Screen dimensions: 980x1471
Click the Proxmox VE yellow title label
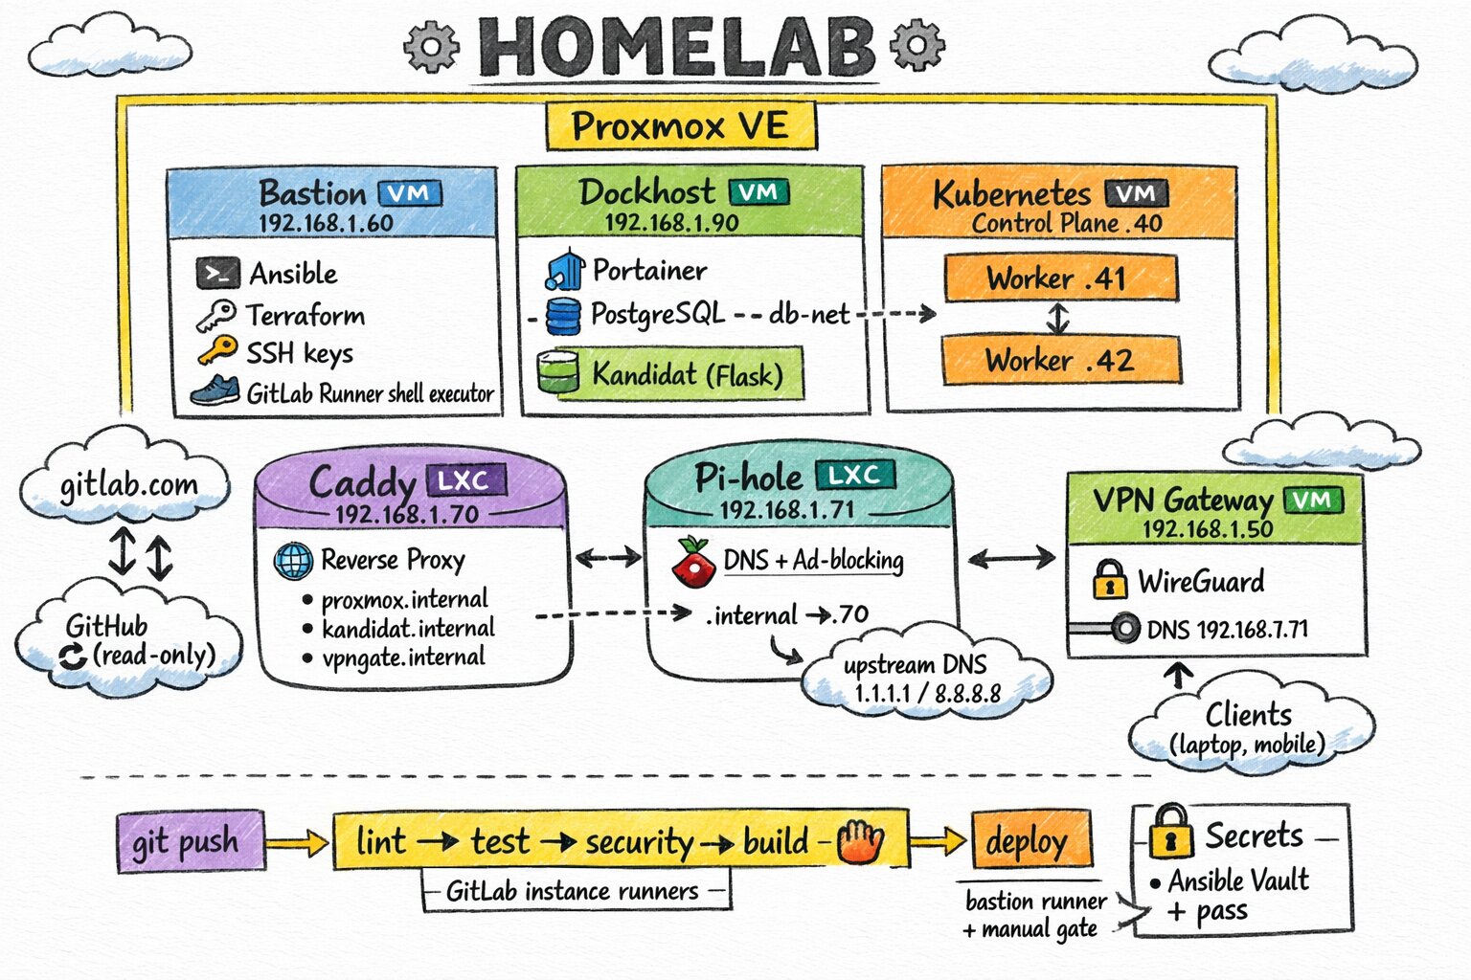(x=681, y=126)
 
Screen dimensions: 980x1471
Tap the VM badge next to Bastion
(x=410, y=193)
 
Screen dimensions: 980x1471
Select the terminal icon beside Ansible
(x=217, y=274)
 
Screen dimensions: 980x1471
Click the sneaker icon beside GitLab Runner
(x=215, y=391)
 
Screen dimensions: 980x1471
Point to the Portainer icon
(x=565, y=271)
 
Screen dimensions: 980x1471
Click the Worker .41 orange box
(x=1060, y=278)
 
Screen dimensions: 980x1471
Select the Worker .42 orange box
(x=1060, y=361)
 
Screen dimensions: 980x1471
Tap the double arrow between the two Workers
(x=1057, y=319)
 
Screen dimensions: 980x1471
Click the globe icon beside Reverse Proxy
(x=293, y=561)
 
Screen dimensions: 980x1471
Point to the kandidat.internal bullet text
(x=408, y=629)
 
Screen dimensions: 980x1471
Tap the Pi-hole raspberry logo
(x=693, y=562)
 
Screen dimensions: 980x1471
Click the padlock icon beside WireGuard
(x=1109, y=580)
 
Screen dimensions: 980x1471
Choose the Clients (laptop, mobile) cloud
(x=1248, y=729)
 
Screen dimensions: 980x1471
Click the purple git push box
(x=190, y=843)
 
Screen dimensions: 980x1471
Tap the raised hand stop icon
(x=860, y=843)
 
